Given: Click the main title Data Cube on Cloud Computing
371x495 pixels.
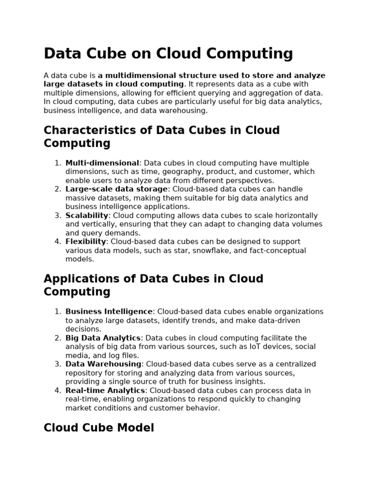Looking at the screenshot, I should click(x=168, y=54).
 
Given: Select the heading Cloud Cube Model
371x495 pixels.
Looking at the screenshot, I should click(x=99, y=428).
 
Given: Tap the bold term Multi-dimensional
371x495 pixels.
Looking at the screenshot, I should click(x=102, y=163).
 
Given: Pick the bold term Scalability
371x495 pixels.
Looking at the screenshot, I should click(x=87, y=216).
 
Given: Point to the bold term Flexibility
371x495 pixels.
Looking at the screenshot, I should click(x=86, y=242).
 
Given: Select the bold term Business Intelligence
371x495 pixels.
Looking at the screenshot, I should click(x=109, y=312).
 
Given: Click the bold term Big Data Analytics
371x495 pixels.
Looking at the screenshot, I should click(x=103, y=338).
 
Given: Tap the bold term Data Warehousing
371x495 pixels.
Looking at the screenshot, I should click(x=103, y=364).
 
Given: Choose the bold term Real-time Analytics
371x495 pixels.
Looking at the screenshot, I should click(x=105, y=391).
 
